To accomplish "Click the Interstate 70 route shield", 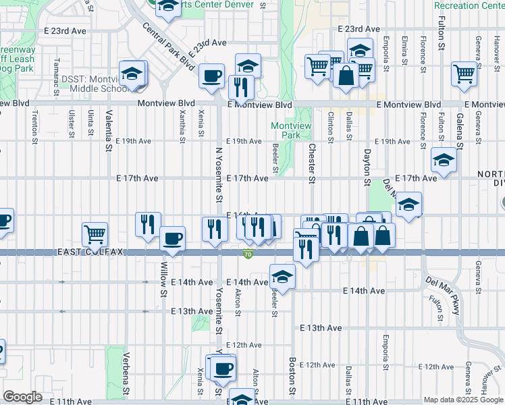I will (248, 254).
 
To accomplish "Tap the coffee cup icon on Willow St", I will (173, 239).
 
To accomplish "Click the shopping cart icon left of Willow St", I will (95, 234).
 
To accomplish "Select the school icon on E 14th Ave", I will (282, 276).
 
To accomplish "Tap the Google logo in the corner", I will (22, 397).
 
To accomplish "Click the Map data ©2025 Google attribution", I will (463, 400).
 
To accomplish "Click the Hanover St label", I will (484, 381).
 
